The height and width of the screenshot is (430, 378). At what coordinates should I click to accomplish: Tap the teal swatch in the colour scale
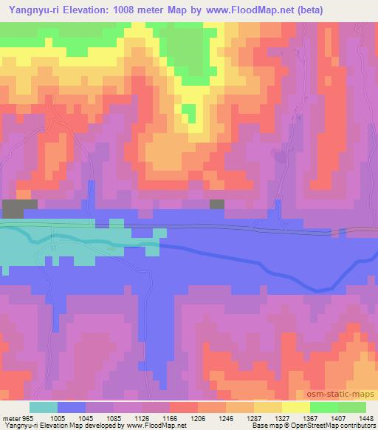point(44,407)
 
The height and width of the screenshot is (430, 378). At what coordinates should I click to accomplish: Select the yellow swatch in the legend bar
point(295,407)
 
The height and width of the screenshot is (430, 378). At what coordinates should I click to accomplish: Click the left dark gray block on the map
point(19,208)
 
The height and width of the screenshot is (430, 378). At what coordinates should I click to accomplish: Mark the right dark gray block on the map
point(217,203)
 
